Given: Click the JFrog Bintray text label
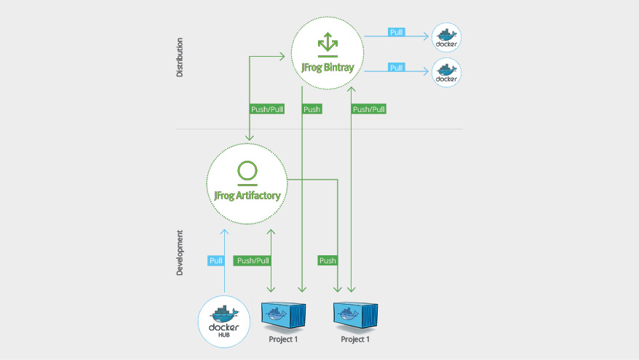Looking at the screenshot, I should click(x=328, y=67).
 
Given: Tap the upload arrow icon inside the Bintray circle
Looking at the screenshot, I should click(x=328, y=44).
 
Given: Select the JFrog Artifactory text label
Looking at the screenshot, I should click(x=247, y=195).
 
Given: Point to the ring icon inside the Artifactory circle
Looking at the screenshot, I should click(x=247, y=172).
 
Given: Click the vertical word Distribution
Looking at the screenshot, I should click(x=180, y=57).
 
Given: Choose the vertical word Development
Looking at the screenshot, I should click(x=180, y=253).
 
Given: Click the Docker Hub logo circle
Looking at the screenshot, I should click(x=224, y=320).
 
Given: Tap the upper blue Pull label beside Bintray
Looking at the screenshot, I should click(x=396, y=33).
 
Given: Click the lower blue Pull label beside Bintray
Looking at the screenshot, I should click(x=396, y=68).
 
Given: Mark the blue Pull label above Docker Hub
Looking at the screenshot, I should click(x=215, y=260).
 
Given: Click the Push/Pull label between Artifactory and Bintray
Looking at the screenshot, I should click(x=267, y=109).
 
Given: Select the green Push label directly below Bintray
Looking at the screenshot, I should click(x=311, y=109).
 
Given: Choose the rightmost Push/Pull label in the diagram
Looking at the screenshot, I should click(x=369, y=109).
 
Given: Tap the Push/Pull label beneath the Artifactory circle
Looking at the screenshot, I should click(x=253, y=260).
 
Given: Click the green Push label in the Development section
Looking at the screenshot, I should click(x=328, y=260).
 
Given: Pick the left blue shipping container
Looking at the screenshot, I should click(x=282, y=314).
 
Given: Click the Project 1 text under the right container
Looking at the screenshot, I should click(x=355, y=340).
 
